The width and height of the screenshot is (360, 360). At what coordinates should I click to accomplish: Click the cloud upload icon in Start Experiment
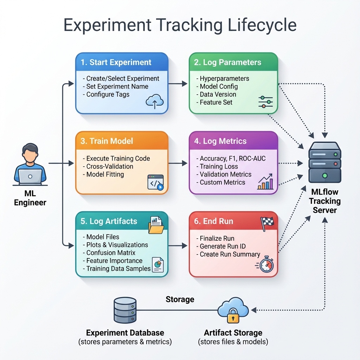coord(155,102)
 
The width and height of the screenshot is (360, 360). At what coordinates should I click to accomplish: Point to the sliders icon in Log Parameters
coord(265,101)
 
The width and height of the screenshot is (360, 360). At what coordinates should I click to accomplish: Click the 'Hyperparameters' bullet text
coord(224,78)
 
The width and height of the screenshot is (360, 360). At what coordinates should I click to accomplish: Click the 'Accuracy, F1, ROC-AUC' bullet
coord(232,159)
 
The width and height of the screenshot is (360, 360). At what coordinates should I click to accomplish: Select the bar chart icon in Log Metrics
coord(266,182)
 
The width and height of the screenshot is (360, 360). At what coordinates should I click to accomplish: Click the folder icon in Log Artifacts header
coord(156,225)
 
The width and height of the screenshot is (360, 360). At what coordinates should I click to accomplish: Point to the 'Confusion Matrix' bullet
coord(111,253)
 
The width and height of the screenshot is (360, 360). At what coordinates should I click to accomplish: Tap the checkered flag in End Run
coord(267,223)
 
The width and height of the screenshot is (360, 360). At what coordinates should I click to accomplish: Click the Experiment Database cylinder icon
coord(125,311)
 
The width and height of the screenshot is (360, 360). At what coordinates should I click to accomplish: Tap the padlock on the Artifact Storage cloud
coord(233,316)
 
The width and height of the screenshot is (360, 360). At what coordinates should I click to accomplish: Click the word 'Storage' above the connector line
coord(180,300)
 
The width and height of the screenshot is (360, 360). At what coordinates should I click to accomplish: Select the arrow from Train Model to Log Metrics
coord(179,163)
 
